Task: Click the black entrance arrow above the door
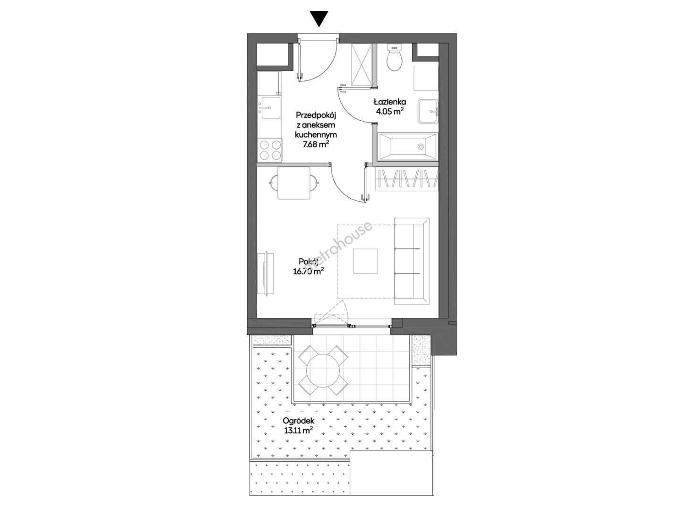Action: click(x=319, y=19)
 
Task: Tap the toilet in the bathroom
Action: click(x=395, y=58)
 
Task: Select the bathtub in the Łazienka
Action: click(x=407, y=147)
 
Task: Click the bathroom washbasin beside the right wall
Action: click(x=428, y=111)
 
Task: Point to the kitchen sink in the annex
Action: click(x=54, y=107)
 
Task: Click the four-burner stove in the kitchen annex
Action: click(x=53, y=150)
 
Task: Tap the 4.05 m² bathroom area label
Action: click(x=390, y=112)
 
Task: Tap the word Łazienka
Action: click(x=390, y=102)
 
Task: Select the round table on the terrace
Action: click(x=323, y=370)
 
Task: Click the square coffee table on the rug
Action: click(x=366, y=261)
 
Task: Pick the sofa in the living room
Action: click(x=412, y=261)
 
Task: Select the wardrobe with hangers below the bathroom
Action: click(x=407, y=179)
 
